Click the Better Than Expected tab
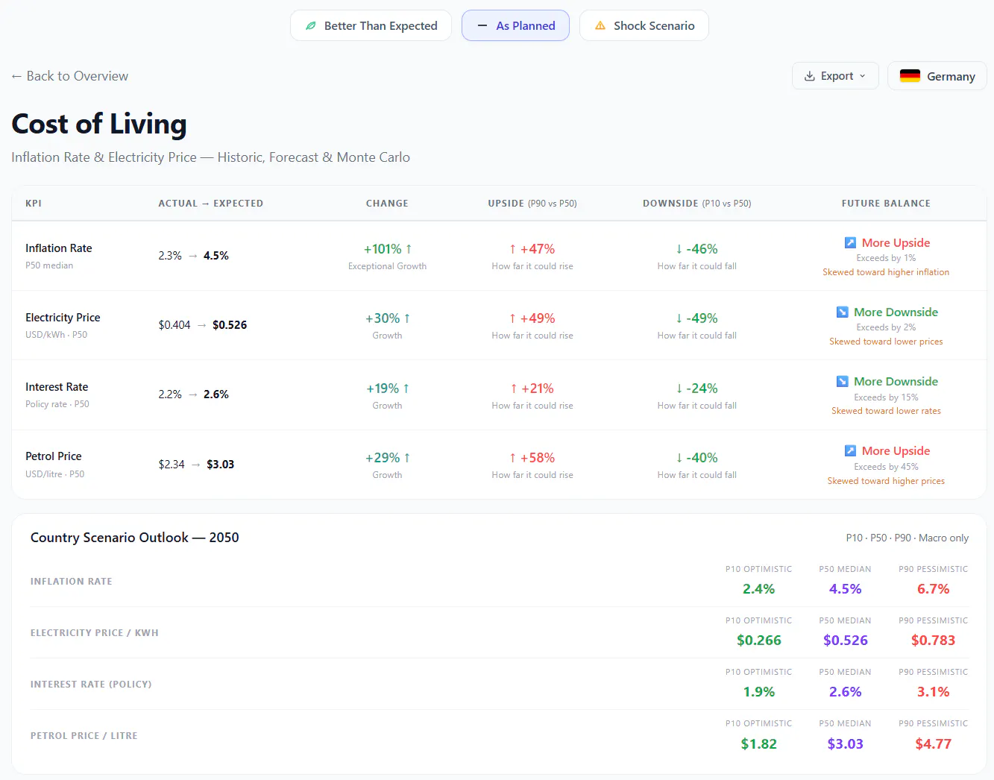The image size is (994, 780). tap(371, 25)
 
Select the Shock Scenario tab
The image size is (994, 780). tap(644, 25)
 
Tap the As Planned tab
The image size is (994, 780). tap(515, 25)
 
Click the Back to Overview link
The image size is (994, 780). tap(70, 76)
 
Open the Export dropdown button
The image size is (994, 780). tap(835, 76)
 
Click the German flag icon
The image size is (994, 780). tap(910, 76)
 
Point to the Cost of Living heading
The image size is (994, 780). tap(99, 124)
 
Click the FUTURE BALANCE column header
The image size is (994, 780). tap(886, 204)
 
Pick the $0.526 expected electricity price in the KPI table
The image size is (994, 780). tap(230, 325)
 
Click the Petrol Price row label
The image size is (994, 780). tap(54, 456)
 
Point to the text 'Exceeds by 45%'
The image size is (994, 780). tap(886, 467)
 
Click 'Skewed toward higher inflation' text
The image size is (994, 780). tap(886, 272)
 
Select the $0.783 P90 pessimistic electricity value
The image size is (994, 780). tap(933, 640)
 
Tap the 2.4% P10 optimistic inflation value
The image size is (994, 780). tap(758, 589)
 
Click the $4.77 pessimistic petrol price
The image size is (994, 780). tap(933, 744)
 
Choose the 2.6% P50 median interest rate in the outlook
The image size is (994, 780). tap(845, 692)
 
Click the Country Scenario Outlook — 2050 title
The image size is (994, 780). tap(134, 538)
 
